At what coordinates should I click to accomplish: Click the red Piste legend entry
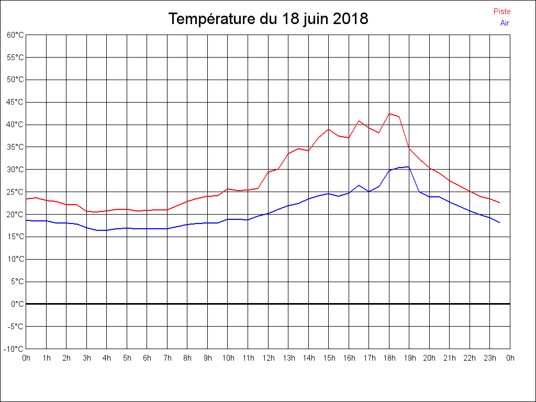click(501, 12)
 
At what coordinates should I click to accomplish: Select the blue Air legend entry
click(505, 23)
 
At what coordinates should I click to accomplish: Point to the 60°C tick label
click(15, 35)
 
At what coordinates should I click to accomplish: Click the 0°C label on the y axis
click(17, 304)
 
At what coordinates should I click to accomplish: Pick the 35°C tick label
click(15, 147)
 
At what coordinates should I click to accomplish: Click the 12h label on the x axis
click(268, 358)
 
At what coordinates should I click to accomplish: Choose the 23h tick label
click(490, 358)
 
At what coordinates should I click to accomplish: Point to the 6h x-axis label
click(147, 358)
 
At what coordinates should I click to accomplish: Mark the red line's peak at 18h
click(389, 114)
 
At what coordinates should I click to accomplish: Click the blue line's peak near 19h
click(409, 167)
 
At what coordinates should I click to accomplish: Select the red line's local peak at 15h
click(329, 129)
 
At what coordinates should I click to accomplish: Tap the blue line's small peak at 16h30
click(359, 185)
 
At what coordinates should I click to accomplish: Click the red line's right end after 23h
click(500, 203)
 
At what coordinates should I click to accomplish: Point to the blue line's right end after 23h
click(500, 222)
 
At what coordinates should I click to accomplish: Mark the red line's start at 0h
click(26, 199)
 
